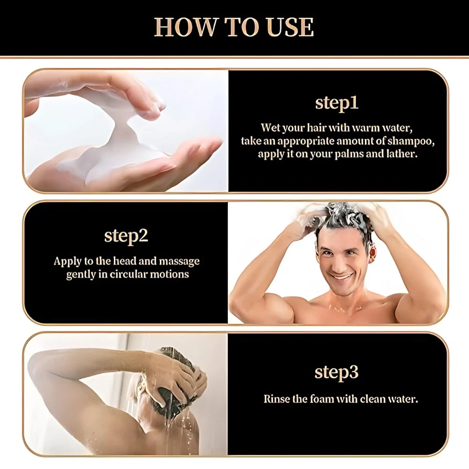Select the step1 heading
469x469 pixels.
[x=336, y=104]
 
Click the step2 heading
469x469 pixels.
[x=126, y=235]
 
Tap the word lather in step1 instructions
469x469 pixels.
[x=401, y=154]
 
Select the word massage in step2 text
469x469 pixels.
[x=179, y=261]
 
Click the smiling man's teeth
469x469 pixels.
[x=342, y=277]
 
